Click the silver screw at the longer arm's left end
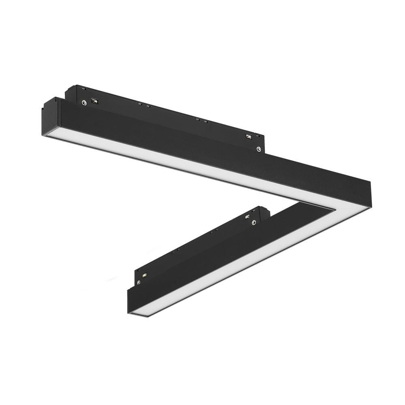point(84,103)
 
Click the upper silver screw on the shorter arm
point(254,222)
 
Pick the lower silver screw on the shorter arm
point(139,282)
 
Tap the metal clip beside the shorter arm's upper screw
point(247,217)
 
